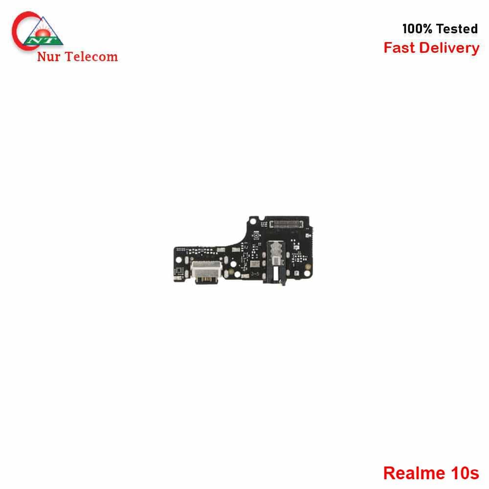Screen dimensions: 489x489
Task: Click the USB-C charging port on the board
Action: [206, 269]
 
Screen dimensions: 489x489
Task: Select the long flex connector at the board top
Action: [286, 224]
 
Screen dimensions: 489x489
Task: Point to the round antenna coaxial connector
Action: [256, 235]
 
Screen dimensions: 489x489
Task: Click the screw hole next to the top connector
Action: [253, 221]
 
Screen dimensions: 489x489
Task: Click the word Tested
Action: [457, 29]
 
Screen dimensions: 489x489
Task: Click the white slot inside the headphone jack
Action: [276, 273]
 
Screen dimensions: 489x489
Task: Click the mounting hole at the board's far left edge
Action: [178, 260]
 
